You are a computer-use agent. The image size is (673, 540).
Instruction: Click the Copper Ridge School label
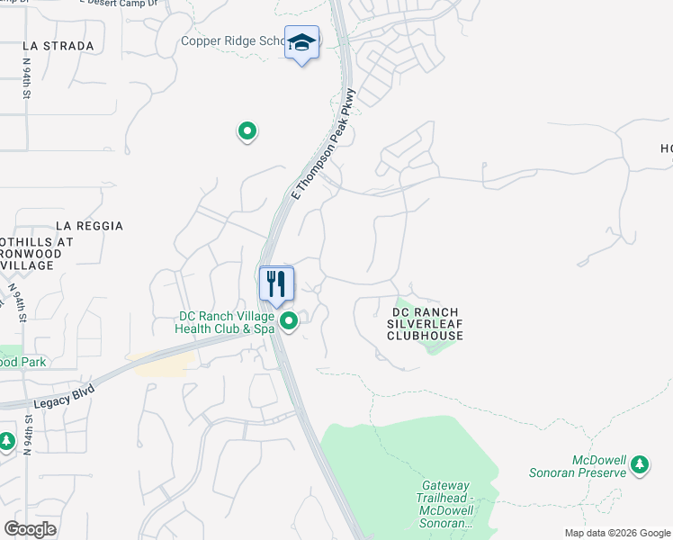[232, 41]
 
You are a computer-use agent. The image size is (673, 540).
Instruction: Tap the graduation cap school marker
[302, 42]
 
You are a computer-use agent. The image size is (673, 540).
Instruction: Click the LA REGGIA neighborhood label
[89, 226]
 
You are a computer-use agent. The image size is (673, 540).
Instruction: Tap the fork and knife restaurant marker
[276, 283]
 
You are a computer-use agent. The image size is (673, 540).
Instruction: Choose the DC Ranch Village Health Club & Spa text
[226, 322]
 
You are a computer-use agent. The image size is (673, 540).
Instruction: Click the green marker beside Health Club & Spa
[289, 321]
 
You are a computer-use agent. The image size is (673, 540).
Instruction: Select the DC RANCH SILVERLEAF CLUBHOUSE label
[425, 324]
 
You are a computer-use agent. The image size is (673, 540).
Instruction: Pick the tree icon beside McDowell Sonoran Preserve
[640, 464]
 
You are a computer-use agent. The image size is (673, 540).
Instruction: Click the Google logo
[31, 528]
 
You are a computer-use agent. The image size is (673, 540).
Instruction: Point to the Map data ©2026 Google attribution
[617, 533]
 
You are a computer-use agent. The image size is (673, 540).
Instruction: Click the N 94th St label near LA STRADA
[29, 79]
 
